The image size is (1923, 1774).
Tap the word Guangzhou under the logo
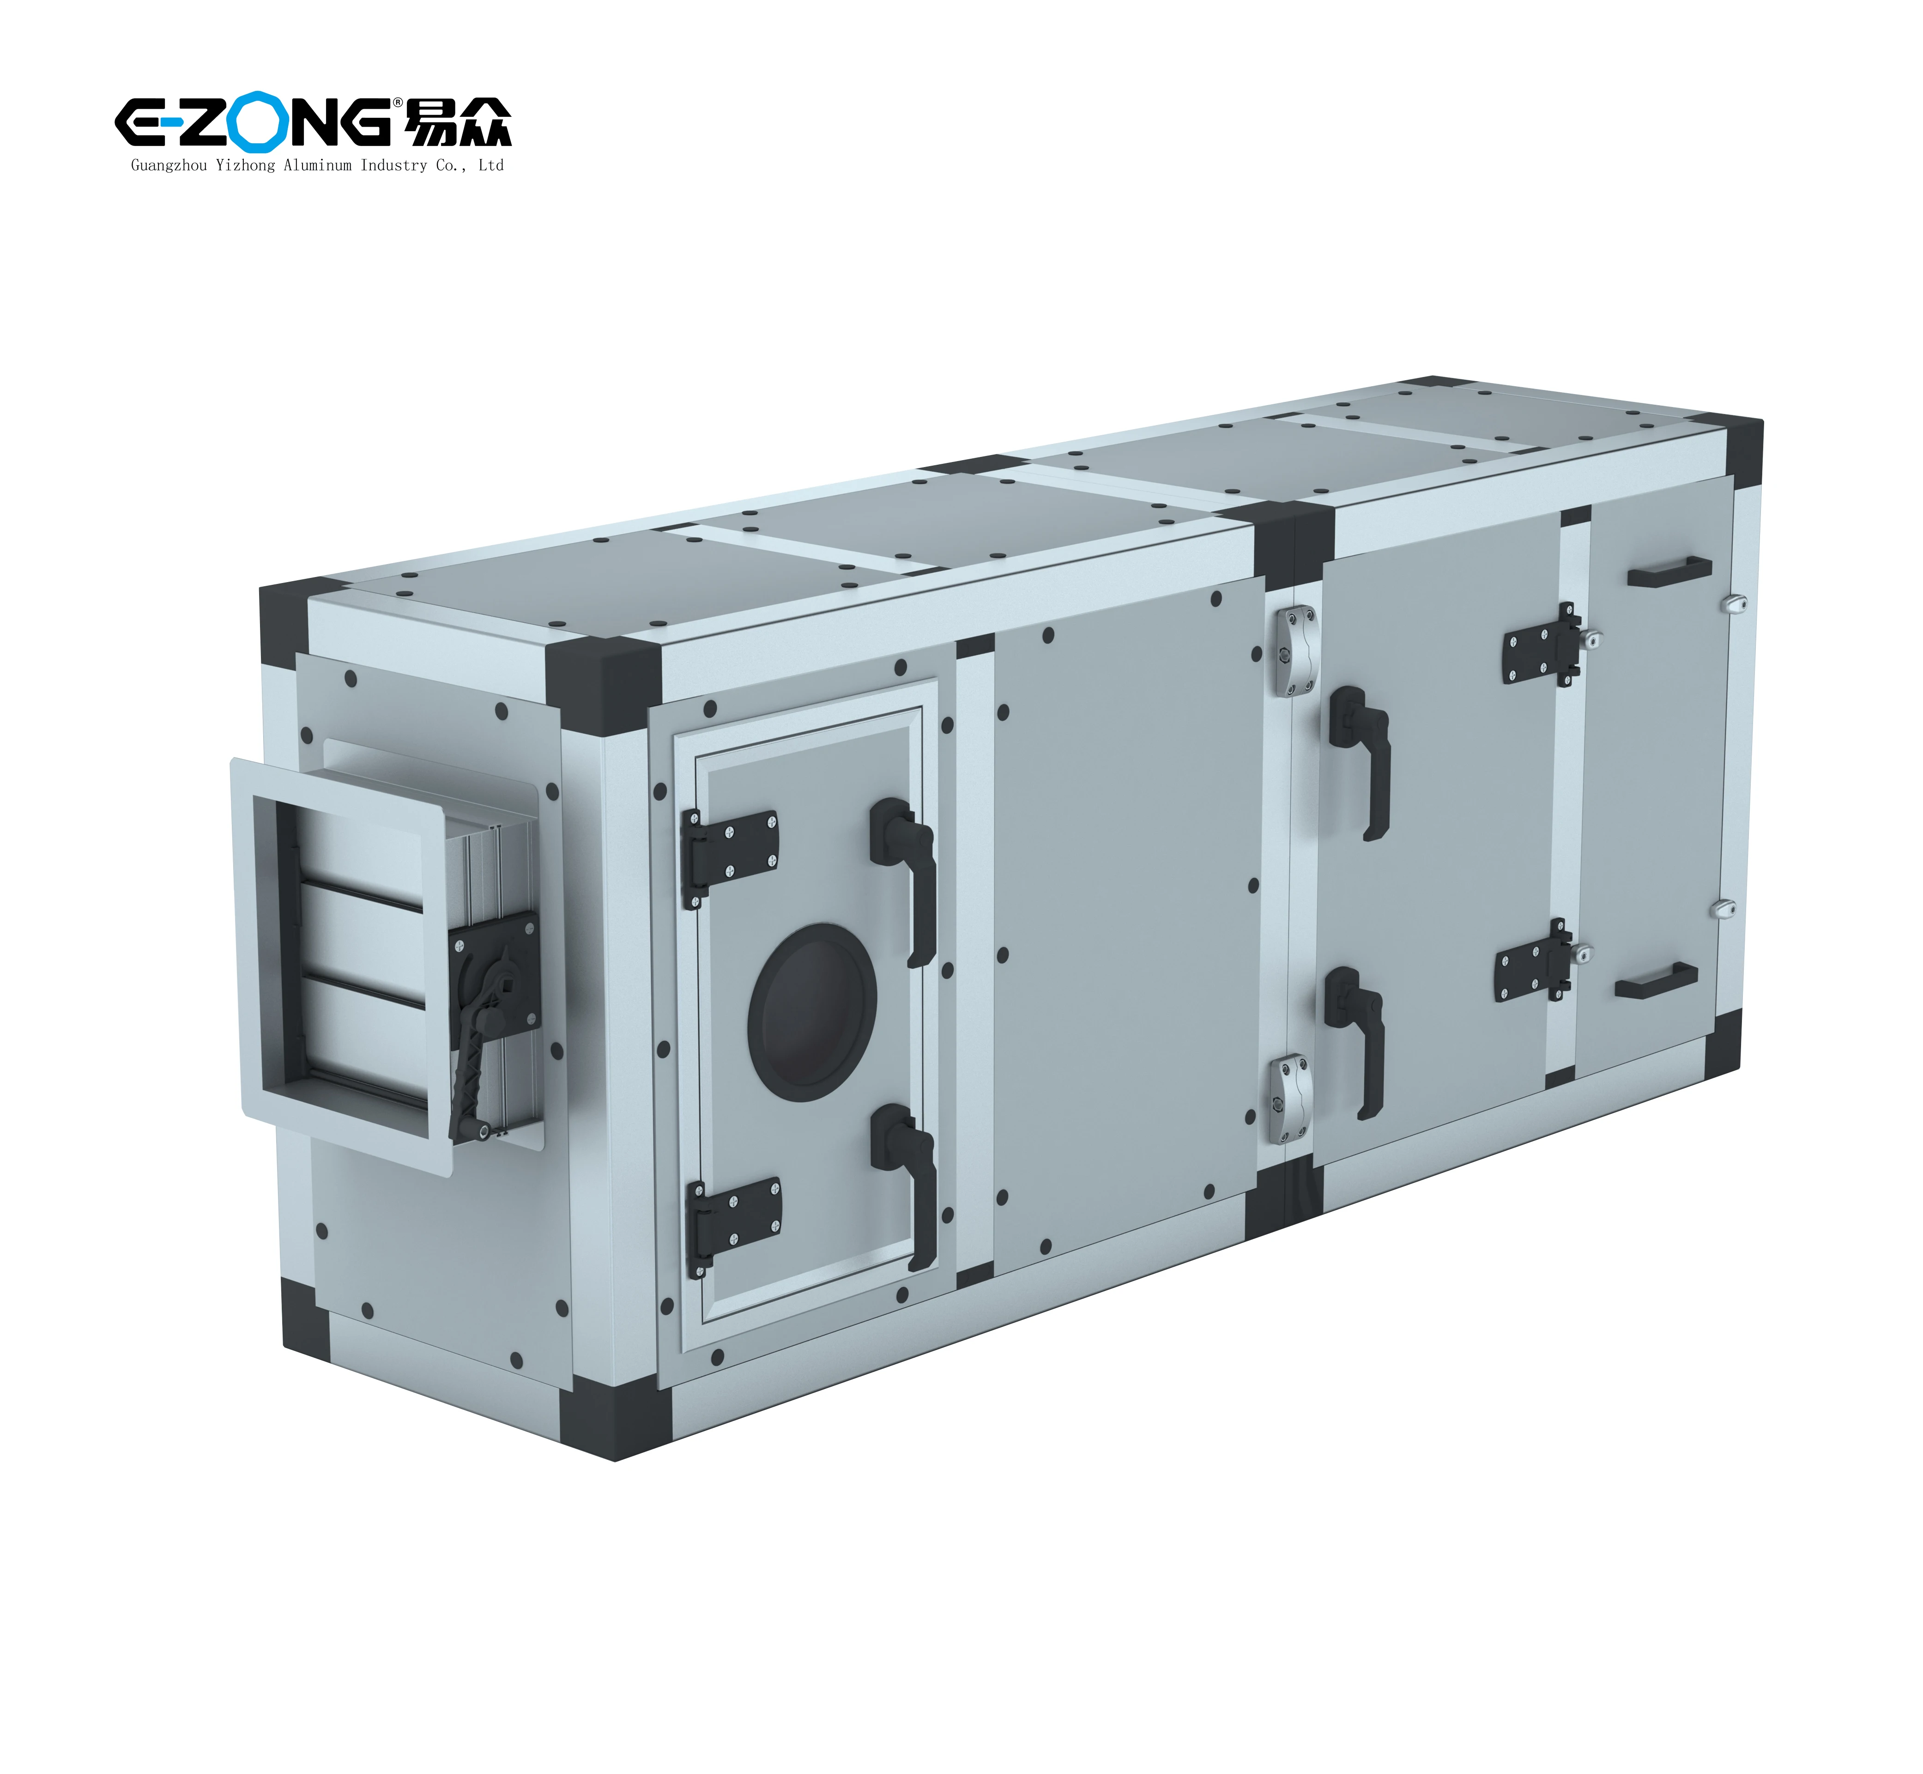168,165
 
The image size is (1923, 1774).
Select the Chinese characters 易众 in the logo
459,122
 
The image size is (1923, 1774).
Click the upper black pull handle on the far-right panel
1669,570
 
